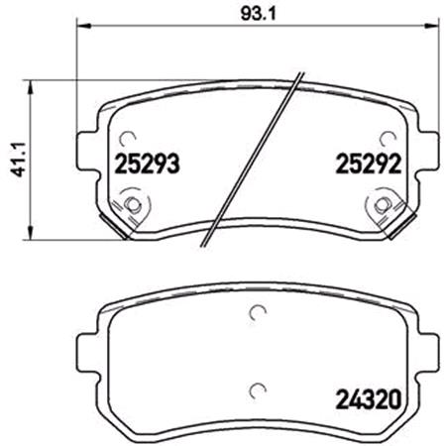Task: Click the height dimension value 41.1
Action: tap(13, 158)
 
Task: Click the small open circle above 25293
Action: tap(126, 140)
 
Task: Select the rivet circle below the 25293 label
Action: tap(132, 205)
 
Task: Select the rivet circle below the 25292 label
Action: tap(381, 205)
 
